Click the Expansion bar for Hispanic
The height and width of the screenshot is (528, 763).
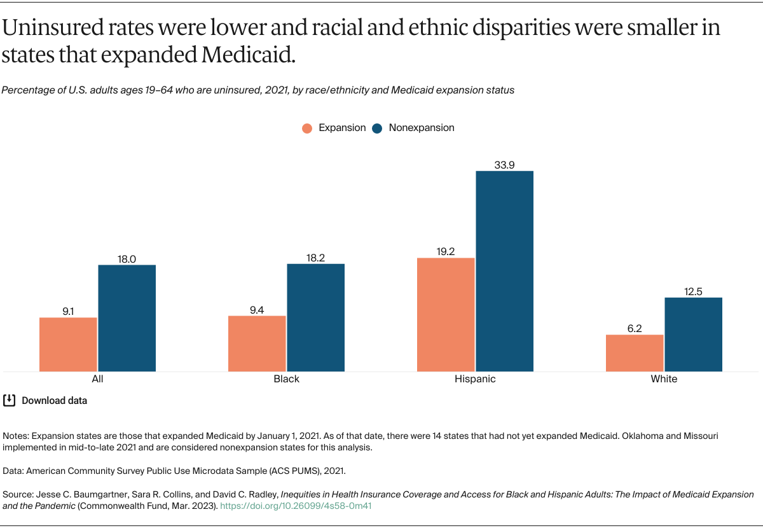pyautogui.click(x=446, y=314)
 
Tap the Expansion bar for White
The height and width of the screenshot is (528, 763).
pyautogui.click(x=635, y=353)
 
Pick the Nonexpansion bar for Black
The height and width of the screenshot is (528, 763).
pyautogui.click(x=315, y=317)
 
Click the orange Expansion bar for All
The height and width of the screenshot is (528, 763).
pyautogui.click(x=68, y=344)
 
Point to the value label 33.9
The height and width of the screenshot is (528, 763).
pyautogui.click(x=504, y=165)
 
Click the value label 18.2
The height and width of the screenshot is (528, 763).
pyautogui.click(x=315, y=258)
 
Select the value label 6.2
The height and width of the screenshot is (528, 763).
pyautogui.click(x=635, y=329)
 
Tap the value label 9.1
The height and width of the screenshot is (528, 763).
pyautogui.click(x=68, y=312)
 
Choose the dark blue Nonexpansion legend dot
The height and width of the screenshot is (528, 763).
pyautogui.click(x=378, y=128)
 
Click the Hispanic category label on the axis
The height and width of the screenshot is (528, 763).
pyautogui.click(x=475, y=379)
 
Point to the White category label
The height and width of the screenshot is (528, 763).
pyautogui.click(x=664, y=379)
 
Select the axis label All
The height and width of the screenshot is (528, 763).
pyautogui.click(x=97, y=379)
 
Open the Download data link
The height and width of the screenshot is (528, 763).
pyautogui.click(x=54, y=401)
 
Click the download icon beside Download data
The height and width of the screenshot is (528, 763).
pyautogui.click(x=10, y=400)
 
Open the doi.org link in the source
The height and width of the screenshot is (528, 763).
pyautogui.click(x=296, y=506)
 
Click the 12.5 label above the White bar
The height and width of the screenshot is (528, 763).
pyautogui.click(x=693, y=291)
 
